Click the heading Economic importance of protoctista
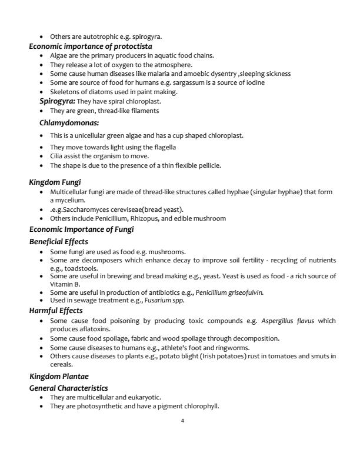point(91,46)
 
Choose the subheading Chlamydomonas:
point(69,123)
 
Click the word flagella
point(163,147)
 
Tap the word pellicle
point(206,165)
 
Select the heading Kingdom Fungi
point(55,183)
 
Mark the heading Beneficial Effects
point(59,242)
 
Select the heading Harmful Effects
point(56,310)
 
